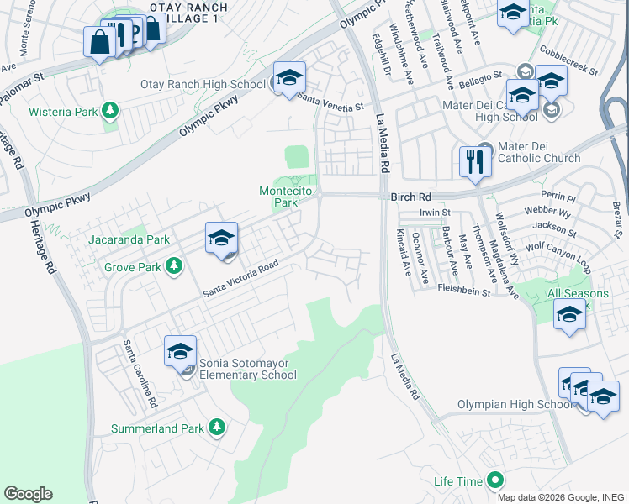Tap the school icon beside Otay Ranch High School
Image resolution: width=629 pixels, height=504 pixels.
click(x=288, y=80)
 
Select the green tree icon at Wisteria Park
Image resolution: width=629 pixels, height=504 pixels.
click(x=108, y=110)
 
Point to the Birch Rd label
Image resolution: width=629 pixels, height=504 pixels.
click(x=410, y=197)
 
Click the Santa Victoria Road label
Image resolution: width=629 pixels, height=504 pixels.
click(x=240, y=279)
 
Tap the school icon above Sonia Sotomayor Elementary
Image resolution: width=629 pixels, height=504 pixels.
click(x=180, y=352)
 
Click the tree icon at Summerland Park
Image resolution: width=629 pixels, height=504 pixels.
click(x=217, y=428)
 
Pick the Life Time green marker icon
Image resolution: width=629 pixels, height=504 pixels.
click(x=495, y=481)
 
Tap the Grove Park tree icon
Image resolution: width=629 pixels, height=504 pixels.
click(x=174, y=267)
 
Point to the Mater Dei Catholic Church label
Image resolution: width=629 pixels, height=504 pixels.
click(x=539, y=158)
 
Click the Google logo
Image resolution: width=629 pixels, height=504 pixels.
click(x=28, y=494)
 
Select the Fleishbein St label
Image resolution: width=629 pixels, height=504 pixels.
click(x=464, y=291)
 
